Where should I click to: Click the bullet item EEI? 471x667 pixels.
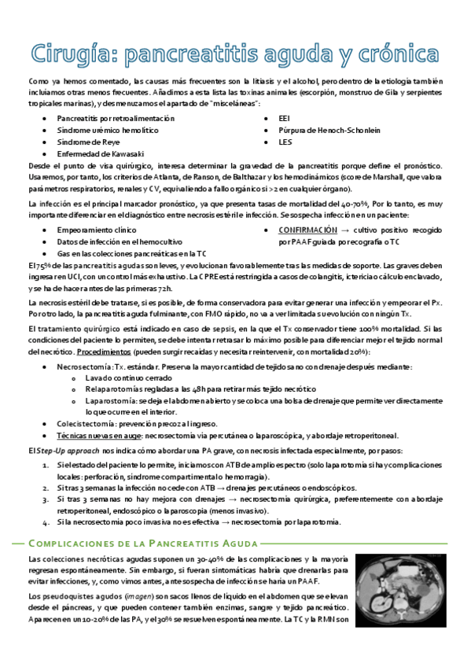[285, 118]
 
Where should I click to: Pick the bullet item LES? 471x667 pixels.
[285, 142]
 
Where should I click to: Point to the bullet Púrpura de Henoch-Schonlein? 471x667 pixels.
[329, 130]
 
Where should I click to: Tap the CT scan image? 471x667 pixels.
[399, 591]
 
